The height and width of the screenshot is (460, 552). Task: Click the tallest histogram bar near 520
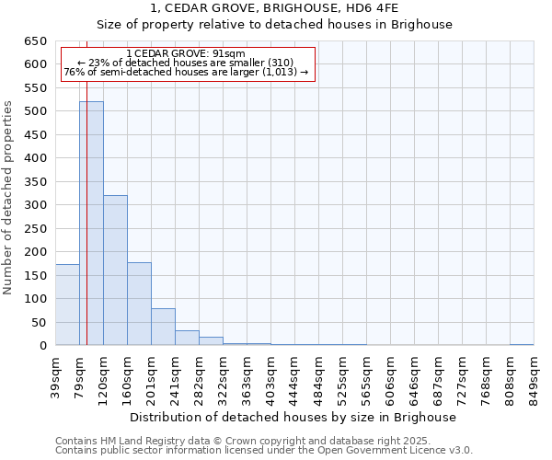pyautogui.click(x=91, y=224)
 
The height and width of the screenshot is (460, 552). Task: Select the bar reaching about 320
pyautogui.click(x=115, y=270)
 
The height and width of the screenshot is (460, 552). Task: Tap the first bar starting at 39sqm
pyautogui.click(x=67, y=305)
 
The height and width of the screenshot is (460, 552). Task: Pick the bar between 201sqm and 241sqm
pyautogui.click(x=163, y=327)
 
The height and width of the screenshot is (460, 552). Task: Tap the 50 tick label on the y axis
pyautogui.click(x=38, y=323)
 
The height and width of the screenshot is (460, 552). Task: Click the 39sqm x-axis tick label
pyautogui.click(x=55, y=374)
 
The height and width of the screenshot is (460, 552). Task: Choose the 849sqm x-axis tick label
pyautogui.click(x=534, y=374)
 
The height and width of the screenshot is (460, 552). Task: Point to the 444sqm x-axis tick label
pyautogui.click(x=294, y=374)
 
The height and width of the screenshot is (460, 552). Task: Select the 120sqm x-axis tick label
pyautogui.click(x=103, y=374)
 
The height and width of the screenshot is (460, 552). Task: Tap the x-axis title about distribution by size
pyautogui.click(x=293, y=417)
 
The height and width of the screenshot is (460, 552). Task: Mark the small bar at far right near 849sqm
pyautogui.click(x=522, y=344)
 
